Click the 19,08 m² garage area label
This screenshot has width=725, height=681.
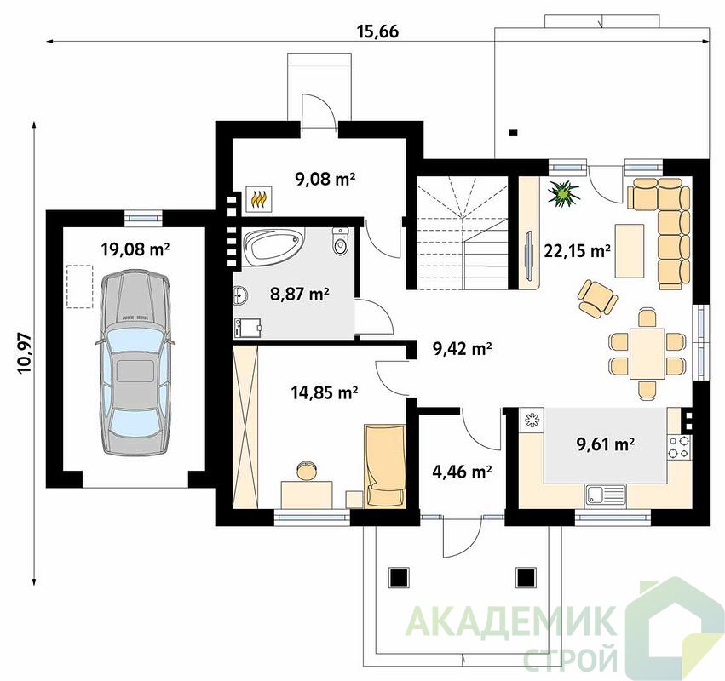coord(135,249)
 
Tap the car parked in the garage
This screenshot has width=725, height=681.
coord(135,363)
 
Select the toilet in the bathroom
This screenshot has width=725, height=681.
coord(341,241)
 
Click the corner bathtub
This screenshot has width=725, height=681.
coord(273,247)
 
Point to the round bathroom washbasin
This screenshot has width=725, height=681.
coord(240,295)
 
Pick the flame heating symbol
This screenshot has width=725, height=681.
coord(258,199)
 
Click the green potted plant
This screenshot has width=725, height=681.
coord(563,192)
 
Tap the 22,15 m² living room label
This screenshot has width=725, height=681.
coord(577,251)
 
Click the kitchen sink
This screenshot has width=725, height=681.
coord(606,495)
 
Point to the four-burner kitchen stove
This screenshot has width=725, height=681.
coord(679,447)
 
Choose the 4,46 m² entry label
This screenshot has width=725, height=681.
coord(462,472)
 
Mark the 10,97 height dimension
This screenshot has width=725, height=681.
coord(25,352)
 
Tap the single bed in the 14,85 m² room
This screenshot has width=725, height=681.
coord(385,466)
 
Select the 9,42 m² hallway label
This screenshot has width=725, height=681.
coord(462,349)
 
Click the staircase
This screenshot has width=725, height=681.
coord(463,233)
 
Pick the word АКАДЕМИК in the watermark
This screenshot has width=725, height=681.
coord(512,621)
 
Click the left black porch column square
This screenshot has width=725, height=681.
coord(399,576)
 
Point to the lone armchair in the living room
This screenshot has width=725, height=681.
coord(597,298)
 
